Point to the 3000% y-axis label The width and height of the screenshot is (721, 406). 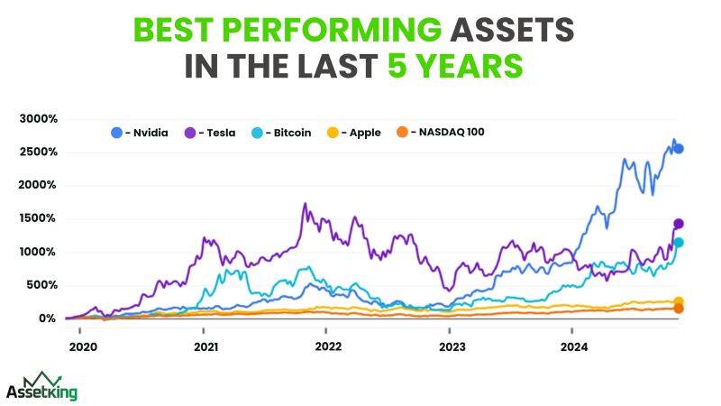tap(39, 119)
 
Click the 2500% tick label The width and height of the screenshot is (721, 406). tap(39, 152)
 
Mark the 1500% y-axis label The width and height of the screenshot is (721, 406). tap(39, 219)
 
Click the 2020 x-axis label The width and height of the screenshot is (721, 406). tap(82, 346)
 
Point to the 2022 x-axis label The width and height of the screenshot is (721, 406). tap(328, 346)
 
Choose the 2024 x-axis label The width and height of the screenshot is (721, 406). tap(574, 346)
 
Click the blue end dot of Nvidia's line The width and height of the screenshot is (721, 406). tap(680, 149)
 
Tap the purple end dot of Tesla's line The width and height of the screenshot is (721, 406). tap(679, 224)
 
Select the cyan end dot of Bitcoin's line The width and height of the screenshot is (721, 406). tap(679, 243)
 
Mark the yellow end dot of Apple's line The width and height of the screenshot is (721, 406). tap(679, 301)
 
